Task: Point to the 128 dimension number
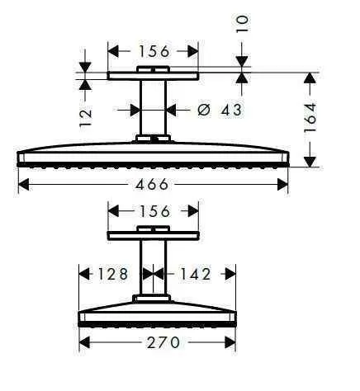[109, 273]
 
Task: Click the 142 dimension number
[195, 273]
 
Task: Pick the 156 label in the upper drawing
[154, 51]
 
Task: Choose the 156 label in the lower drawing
[154, 212]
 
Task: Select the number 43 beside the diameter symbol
[227, 108]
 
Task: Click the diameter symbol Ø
[201, 108]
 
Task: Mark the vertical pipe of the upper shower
[153, 109]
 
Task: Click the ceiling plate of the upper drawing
[154, 76]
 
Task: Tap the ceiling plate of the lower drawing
[154, 236]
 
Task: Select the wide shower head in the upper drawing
[154, 155]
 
